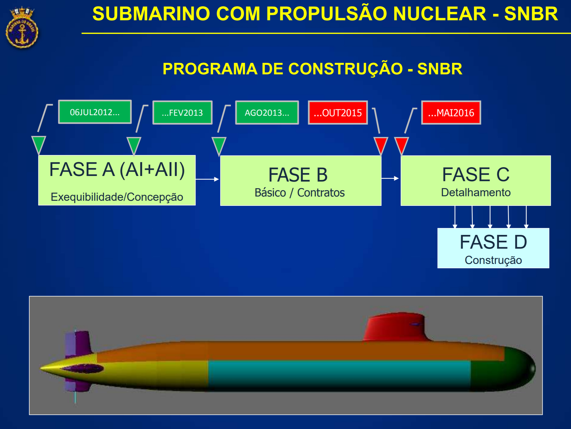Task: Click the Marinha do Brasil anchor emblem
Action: (22, 28)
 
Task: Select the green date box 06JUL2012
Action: (95, 112)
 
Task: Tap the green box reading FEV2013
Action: (183, 113)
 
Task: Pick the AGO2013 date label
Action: (267, 113)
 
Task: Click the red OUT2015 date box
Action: (338, 113)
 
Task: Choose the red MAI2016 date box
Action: (451, 113)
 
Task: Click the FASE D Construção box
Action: (493, 248)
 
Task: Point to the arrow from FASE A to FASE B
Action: (207, 179)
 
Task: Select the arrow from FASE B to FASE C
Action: (390, 178)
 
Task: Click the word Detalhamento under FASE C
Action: (476, 192)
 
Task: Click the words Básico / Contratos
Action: (299, 193)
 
